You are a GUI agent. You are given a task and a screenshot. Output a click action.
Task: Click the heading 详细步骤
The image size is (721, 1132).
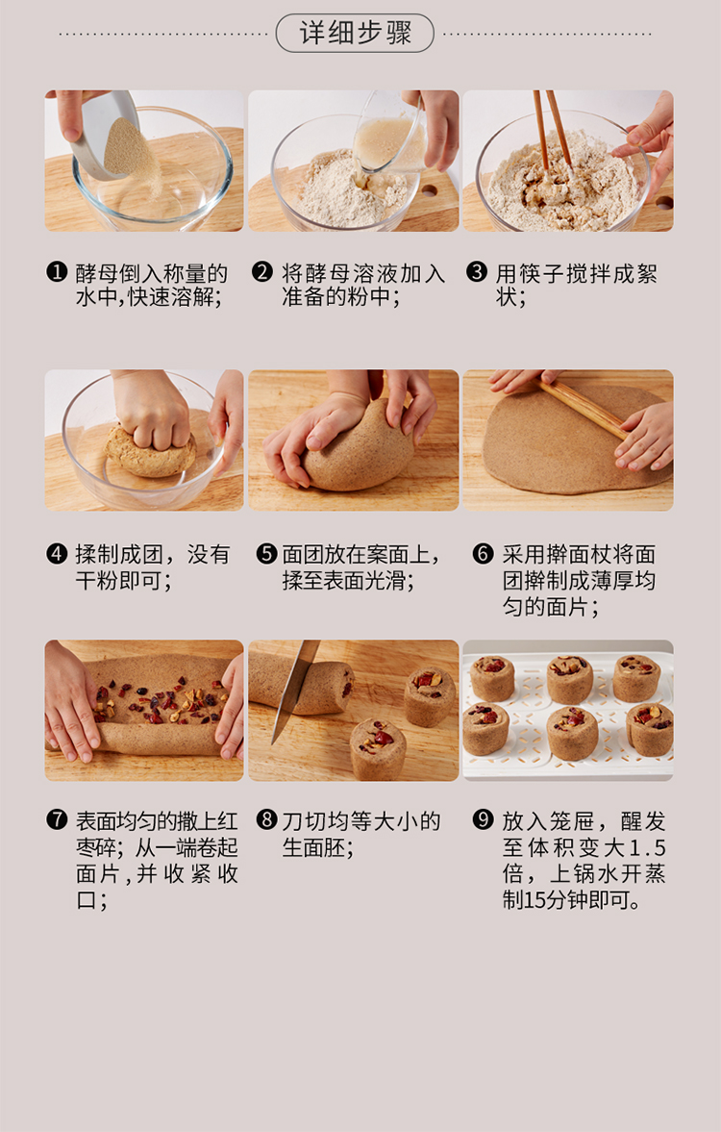[355, 33]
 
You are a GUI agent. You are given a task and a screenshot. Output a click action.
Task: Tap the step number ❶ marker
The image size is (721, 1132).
[57, 272]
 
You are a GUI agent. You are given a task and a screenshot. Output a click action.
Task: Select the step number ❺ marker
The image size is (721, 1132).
[266, 554]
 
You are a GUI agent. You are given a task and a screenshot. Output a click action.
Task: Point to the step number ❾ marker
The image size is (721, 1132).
[483, 820]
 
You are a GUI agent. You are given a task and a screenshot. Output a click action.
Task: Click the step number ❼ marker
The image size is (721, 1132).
[57, 820]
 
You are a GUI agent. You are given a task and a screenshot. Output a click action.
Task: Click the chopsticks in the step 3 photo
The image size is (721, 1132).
[552, 129]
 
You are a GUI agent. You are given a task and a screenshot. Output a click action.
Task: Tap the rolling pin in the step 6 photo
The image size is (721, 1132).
[584, 409]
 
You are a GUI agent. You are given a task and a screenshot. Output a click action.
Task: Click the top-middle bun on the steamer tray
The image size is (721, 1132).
[569, 679]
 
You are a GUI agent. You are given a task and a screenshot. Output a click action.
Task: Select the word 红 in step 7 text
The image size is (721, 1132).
[227, 820]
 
